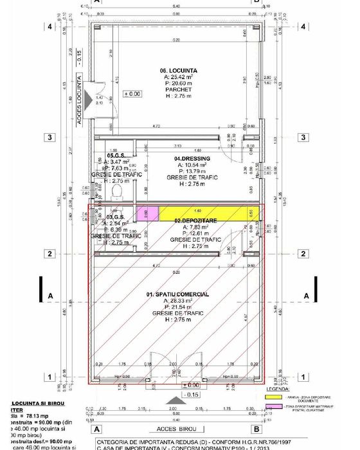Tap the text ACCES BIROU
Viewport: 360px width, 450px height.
(x=174, y=428)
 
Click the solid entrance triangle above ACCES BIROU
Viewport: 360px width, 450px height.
(x=172, y=417)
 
